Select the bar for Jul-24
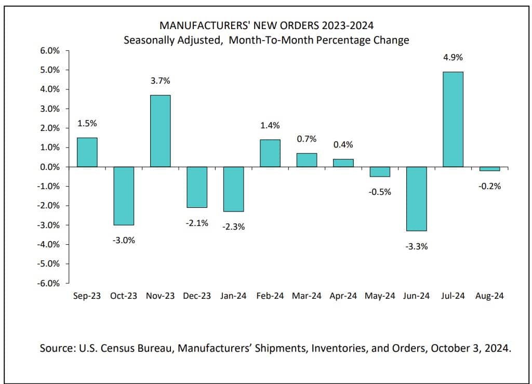[453, 119]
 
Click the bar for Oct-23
[124, 195]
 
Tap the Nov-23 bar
[160, 131]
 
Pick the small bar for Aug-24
[489, 169]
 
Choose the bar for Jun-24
[416, 198]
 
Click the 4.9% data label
[453, 57]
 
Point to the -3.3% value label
[417, 247]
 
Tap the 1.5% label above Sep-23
[87, 124]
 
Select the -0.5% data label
[380, 192]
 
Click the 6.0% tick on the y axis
[51, 50]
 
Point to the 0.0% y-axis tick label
[51, 167]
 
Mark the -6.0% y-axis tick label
[50, 283]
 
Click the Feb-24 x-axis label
[270, 296]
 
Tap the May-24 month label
[380, 296]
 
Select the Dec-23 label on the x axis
[197, 296]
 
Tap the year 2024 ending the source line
[499, 348]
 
